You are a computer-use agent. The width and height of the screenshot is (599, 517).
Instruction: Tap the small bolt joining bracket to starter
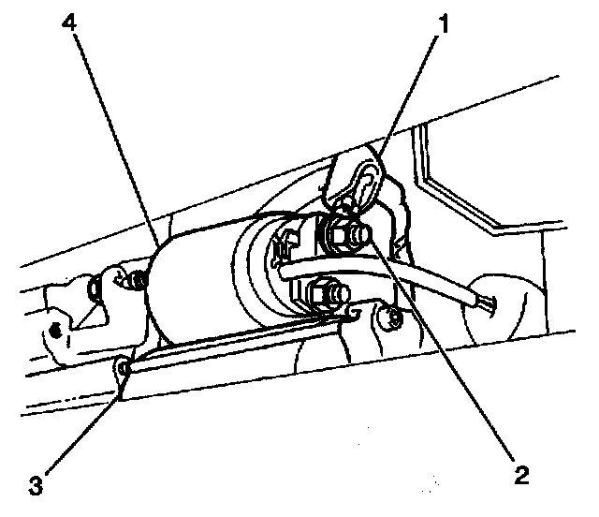tap(138, 280)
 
